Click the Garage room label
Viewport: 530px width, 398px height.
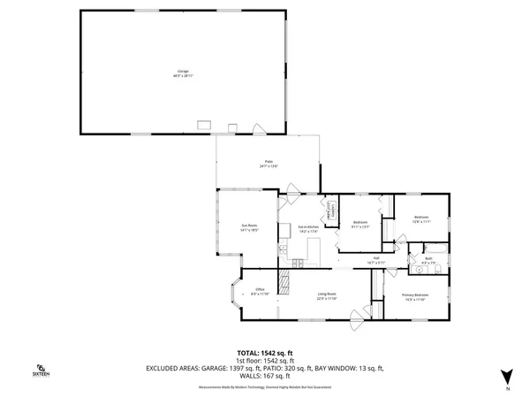point(183,72)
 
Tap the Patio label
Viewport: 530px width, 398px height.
point(269,164)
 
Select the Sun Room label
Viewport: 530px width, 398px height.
point(249,228)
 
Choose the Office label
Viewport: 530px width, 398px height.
point(260,291)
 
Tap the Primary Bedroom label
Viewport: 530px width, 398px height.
point(414,296)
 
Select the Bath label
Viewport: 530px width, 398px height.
point(428,260)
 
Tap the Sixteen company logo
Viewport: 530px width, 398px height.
point(41,371)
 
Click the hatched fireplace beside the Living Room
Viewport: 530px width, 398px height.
point(284,282)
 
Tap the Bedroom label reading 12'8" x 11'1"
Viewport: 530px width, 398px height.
point(420,219)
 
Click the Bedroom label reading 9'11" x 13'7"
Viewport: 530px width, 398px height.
point(360,224)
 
